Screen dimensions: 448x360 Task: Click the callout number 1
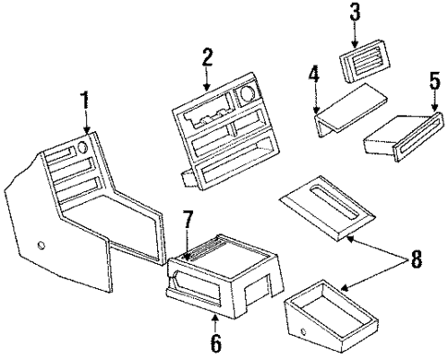click(x=84, y=100)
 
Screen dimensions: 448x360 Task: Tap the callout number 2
click(x=208, y=57)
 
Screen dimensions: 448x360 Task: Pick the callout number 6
click(x=216, y=343)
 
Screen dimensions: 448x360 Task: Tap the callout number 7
click(x=188, y=220)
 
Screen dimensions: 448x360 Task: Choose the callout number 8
click(x=415, y=260)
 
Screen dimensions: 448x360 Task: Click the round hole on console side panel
click(x=41, y=246)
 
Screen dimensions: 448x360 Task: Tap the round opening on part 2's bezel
click(x=248, y=94)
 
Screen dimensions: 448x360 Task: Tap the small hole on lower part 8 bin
click(x=303, y=332)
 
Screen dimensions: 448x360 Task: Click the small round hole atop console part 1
click(x=82, y=148)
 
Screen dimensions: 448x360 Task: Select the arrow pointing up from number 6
click(x=215, y=323)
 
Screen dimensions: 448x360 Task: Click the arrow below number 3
click(x=355, y=34)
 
